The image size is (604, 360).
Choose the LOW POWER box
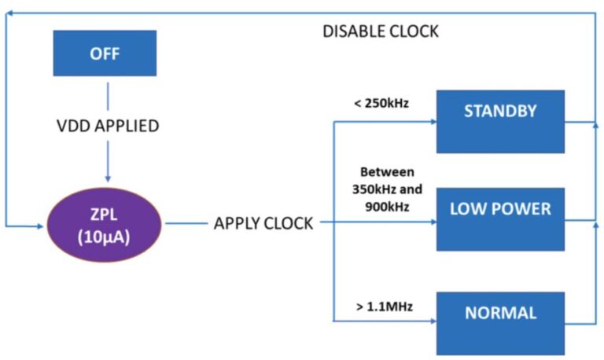499,219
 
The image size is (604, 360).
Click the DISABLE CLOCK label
381,32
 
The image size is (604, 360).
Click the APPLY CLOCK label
263,224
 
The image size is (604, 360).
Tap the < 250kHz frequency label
381,103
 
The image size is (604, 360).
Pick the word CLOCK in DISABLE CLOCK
412,32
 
